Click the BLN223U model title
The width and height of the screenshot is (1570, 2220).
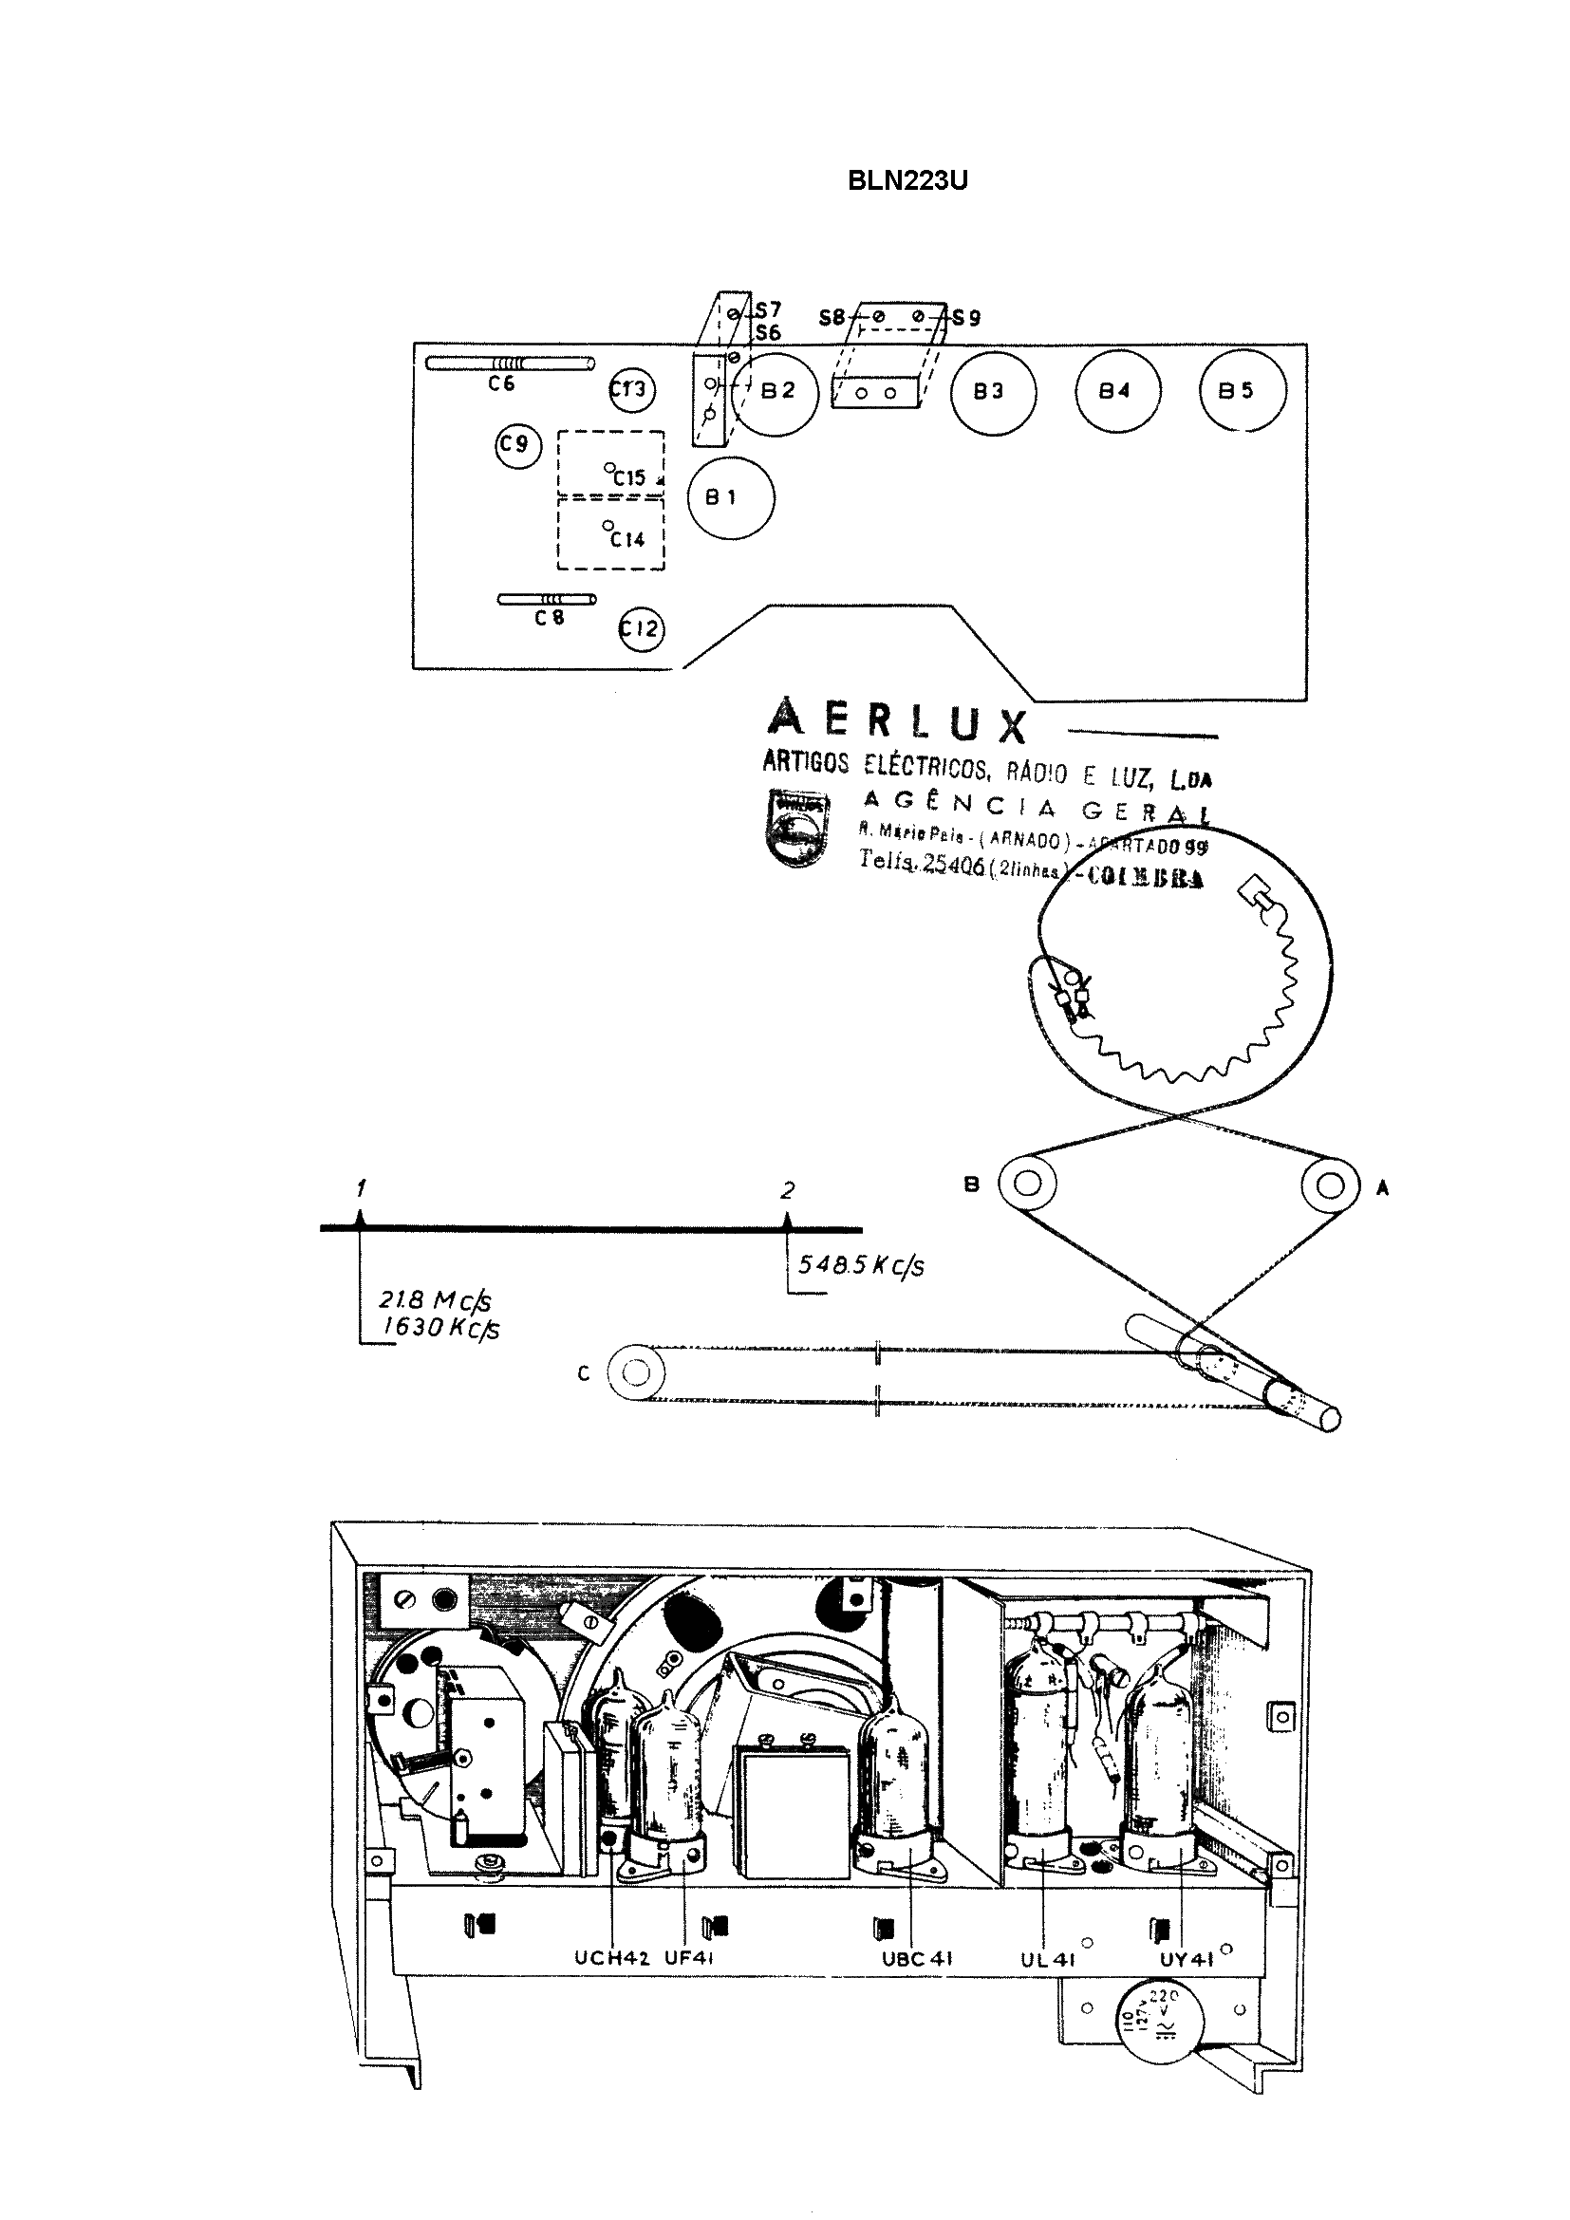906,181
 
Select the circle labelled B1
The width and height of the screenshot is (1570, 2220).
731,498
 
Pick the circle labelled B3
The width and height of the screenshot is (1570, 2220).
993,393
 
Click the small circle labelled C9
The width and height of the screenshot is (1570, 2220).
517,445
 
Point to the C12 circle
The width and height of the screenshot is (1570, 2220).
641,629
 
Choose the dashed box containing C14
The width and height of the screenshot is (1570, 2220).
611,533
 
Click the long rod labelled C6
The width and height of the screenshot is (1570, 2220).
511,364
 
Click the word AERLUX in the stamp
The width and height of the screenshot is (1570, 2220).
896,721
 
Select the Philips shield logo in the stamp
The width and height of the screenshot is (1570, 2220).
797,828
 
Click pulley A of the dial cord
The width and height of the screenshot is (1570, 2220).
1329,1185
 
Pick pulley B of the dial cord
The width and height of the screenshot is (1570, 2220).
1028,1183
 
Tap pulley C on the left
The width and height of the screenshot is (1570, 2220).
635,1373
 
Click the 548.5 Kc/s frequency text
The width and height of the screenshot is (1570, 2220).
860,1266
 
